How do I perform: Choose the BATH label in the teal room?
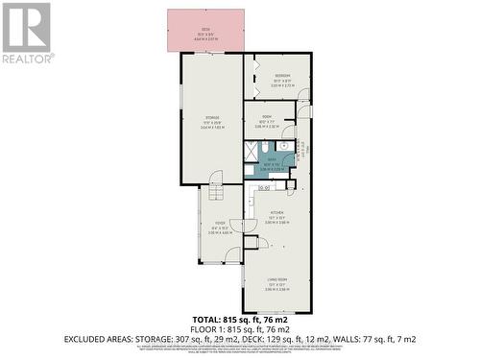pos(272,160)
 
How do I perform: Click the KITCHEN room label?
pos(277,212)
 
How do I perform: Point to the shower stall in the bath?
pos(251,150)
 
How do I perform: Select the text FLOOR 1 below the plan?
pos(202,328)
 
